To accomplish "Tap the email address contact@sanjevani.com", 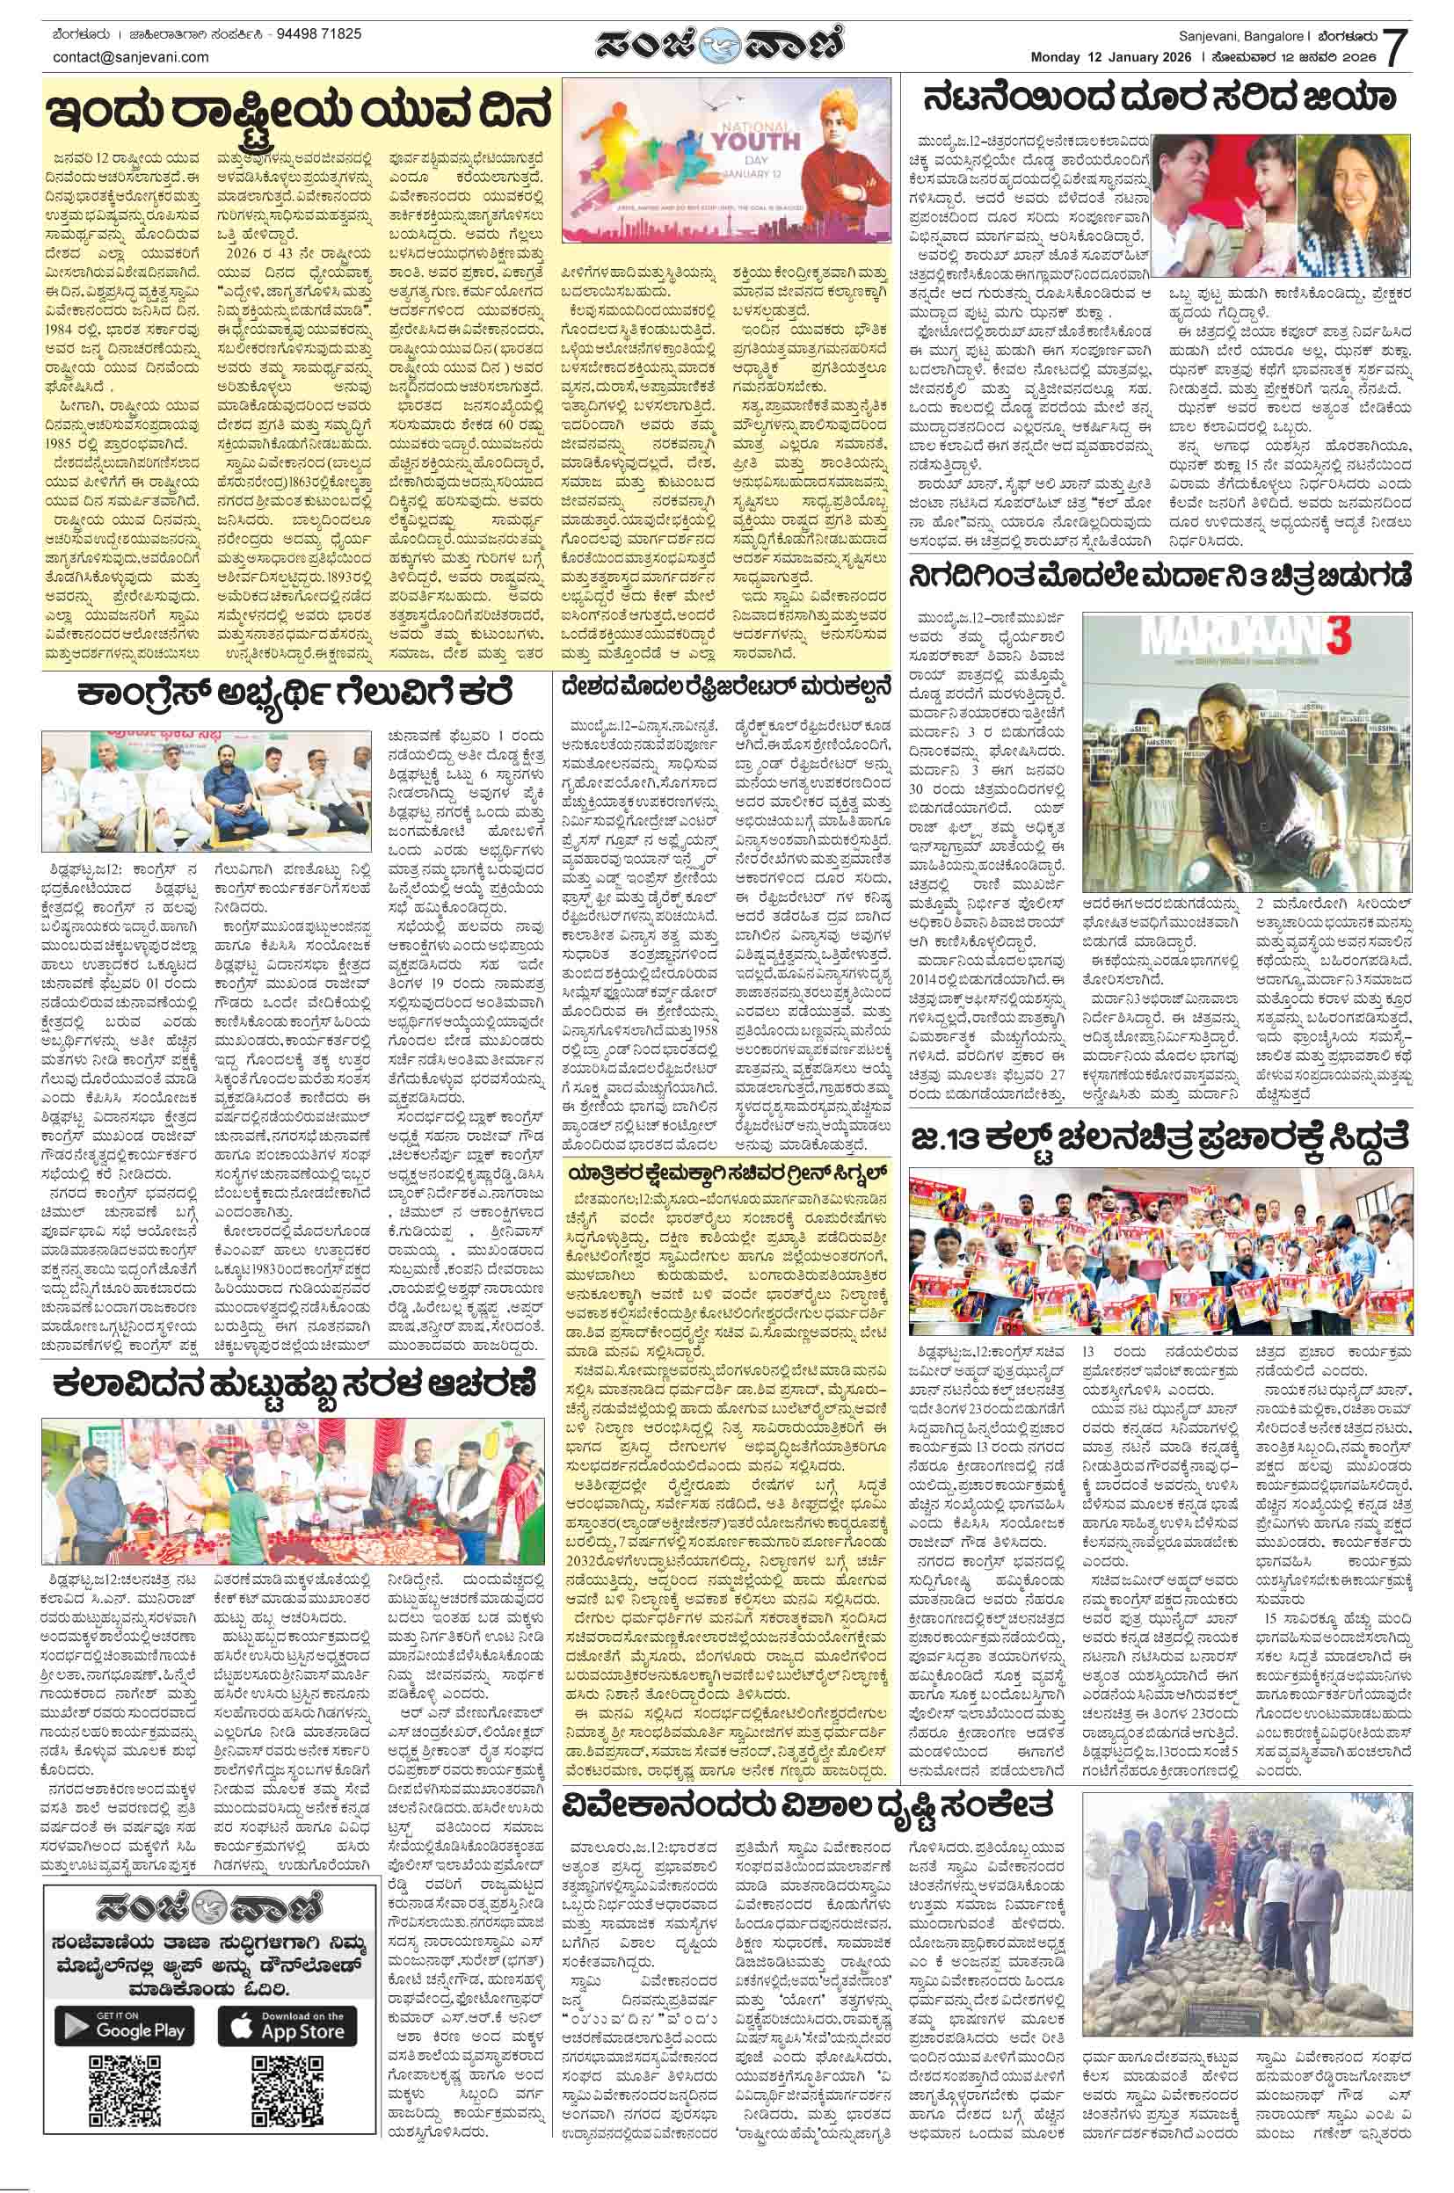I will point(131,56).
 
